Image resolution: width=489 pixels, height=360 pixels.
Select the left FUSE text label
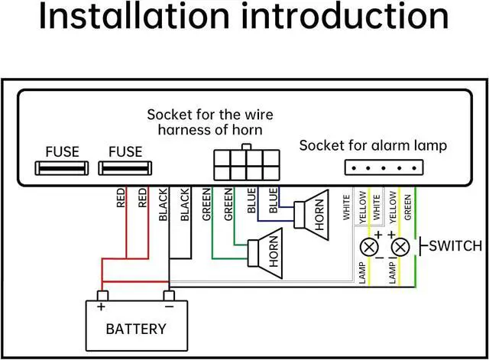[62, 151]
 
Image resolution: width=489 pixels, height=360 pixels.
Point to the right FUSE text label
[125, 151]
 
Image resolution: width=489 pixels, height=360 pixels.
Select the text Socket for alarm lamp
[373, 145]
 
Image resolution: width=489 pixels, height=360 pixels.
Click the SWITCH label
[455, 245]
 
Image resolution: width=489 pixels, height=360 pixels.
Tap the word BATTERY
[135, 329]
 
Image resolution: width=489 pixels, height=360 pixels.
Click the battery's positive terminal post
[102, 296]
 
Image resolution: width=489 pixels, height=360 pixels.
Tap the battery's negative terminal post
[170, 296]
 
